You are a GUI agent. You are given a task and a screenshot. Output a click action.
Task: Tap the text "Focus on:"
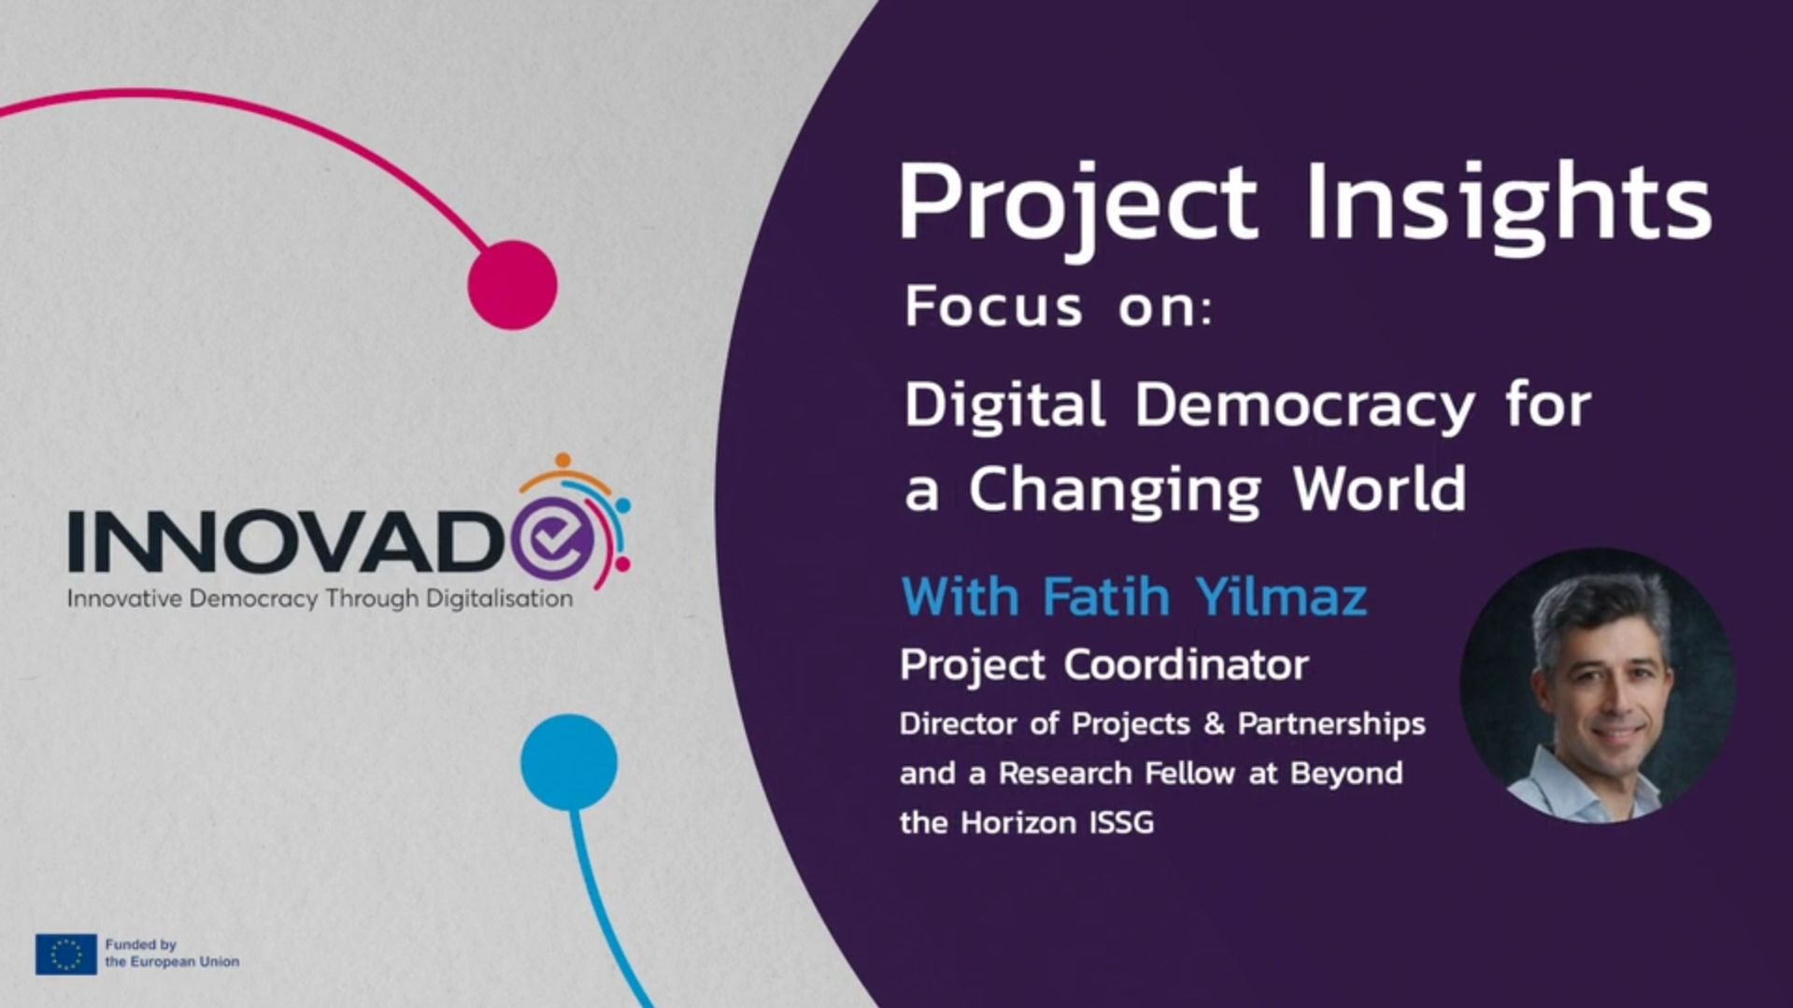coord(1058,306)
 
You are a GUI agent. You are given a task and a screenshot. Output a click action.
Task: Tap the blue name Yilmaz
coord(1281,596)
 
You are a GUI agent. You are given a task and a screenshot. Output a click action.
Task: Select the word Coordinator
coord(1187,665)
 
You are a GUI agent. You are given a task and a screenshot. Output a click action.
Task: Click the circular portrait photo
coord(1598,685)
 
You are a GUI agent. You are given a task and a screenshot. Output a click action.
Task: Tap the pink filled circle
coord(512,285)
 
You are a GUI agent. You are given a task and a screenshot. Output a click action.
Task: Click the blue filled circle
coord(569,762)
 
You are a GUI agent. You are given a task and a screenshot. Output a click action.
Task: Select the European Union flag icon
coord(65,954)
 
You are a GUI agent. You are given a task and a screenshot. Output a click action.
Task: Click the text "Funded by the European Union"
coord(172,953)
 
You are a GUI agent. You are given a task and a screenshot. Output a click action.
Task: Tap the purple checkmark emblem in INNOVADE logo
coord(553,535)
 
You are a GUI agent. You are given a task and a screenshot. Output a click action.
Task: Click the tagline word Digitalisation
coord(499,599)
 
